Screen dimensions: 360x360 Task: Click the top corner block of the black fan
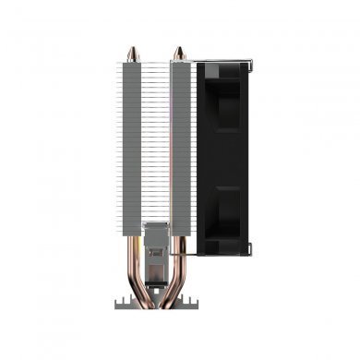click(222, 70)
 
